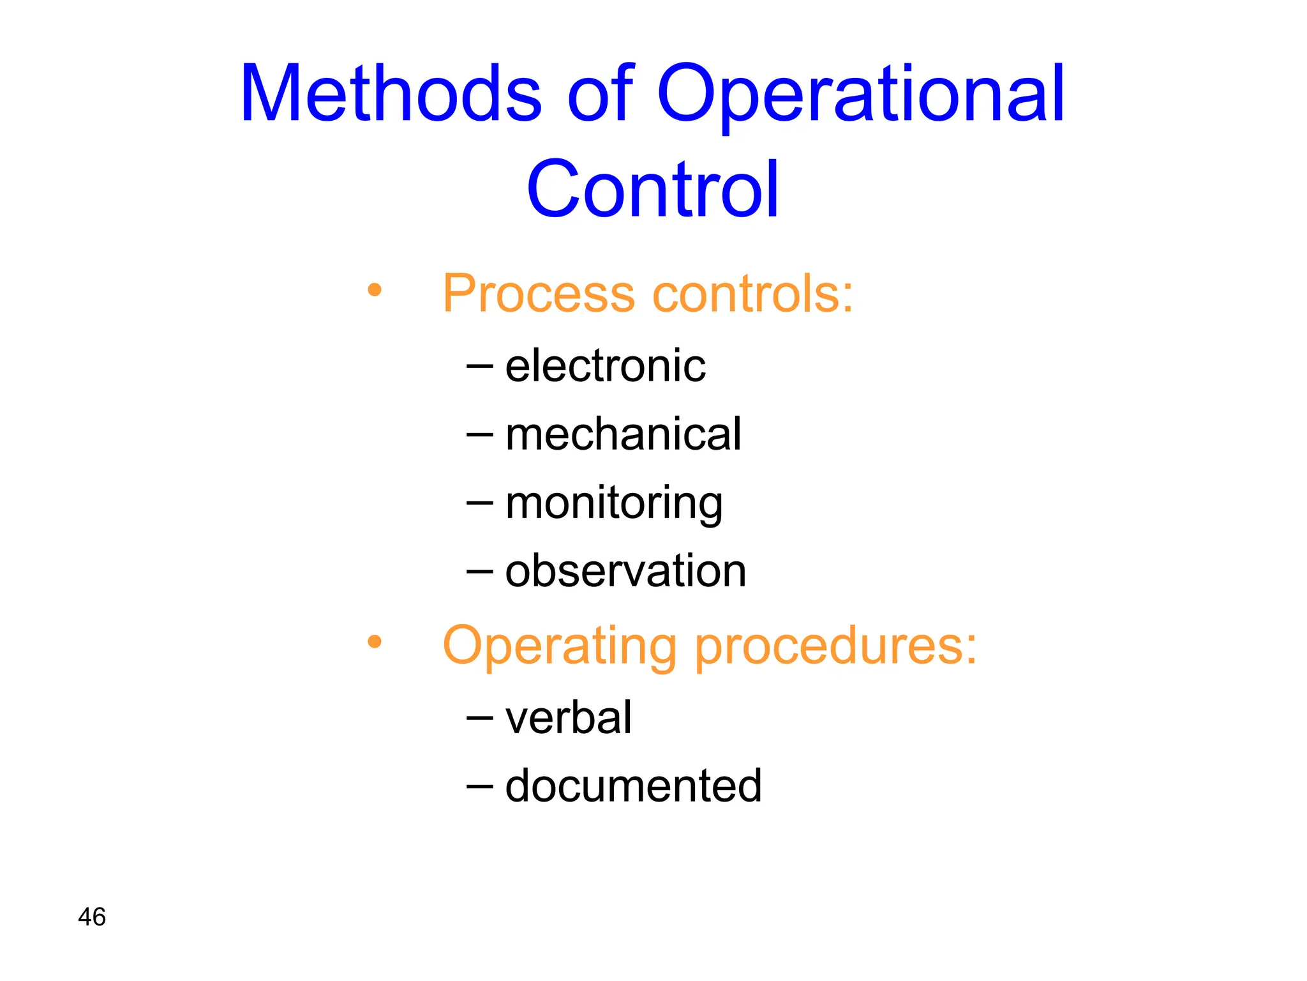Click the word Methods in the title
pyautogui.click(x=391, y=94)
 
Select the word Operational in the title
pyautogui.click(x=861, y=96)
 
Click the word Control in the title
pyautogui.click(x=652, y=190)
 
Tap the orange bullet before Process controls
pyautogui.click(x=375, y=291)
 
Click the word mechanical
pyautogui.click(x=623, y=434)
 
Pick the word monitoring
pyautogui.click(x=614, y=504)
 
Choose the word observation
pyautogui.click(x=625, y=571)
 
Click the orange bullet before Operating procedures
pyautogui.click(x=375, y=642)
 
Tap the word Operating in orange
pyautogui.click(x=559, y=646)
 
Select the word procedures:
pyautogui.click(x=835, y=646)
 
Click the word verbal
pyautogui.click(x=568, y=718)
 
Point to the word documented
pyautogui.click(x=633, y=786)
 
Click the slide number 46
pyautogui.click(x=92, y=917)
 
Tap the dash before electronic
pyautogui.click(x=480, y=367)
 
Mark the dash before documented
pyautogui.click(x=480, y=786)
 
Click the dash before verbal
pyautogui.click(x=480, y=719)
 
